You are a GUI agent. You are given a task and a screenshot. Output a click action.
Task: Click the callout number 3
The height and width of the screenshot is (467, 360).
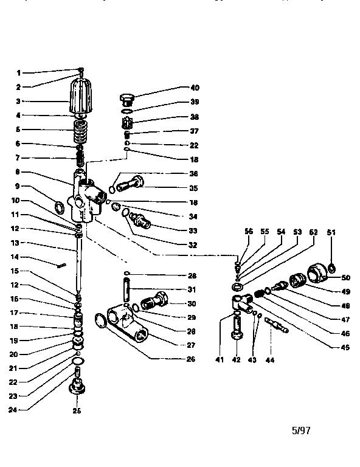click(x=18, y=102)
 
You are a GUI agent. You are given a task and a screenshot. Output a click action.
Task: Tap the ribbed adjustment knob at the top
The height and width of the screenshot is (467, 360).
click(x=81, y=95)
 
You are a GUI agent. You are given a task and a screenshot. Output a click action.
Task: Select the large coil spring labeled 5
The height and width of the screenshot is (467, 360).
click(x=81, y=130)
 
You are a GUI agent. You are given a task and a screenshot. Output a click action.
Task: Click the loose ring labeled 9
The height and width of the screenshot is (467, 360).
click(x=60, y=208)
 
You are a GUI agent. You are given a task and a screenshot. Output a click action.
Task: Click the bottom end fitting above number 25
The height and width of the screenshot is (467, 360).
click(x=78, y=386)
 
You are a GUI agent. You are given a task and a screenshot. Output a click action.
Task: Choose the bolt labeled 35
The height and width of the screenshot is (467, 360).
click(x=130, y=182)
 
